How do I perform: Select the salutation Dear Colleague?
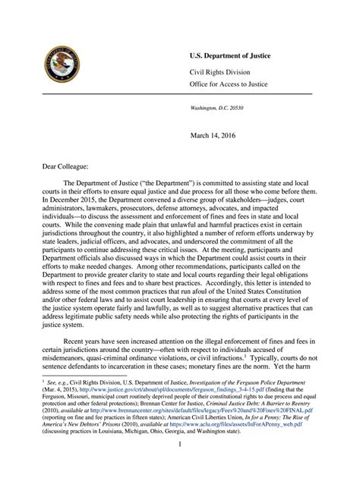(x=59, y=164)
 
